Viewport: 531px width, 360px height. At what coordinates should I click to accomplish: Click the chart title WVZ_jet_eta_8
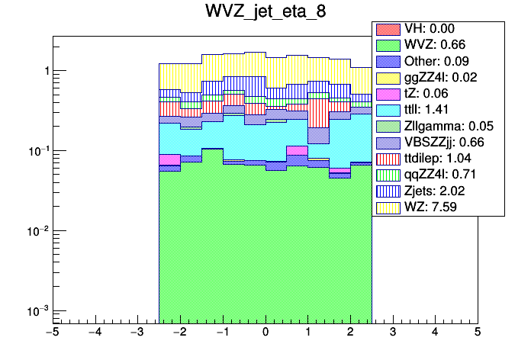(x=265, y=13)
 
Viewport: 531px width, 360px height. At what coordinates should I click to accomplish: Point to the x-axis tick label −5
(x=52, y=333)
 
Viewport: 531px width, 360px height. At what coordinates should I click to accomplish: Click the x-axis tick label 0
(x=265, y=333)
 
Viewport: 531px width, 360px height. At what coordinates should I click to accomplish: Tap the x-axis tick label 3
(x=392, y=333)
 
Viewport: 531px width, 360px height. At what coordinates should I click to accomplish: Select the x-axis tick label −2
(x=179, y=333)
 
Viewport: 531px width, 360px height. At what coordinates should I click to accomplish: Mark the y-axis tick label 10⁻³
(x=36, y=310)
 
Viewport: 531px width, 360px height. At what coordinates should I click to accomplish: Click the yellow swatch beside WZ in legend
(x=387, y=206)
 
